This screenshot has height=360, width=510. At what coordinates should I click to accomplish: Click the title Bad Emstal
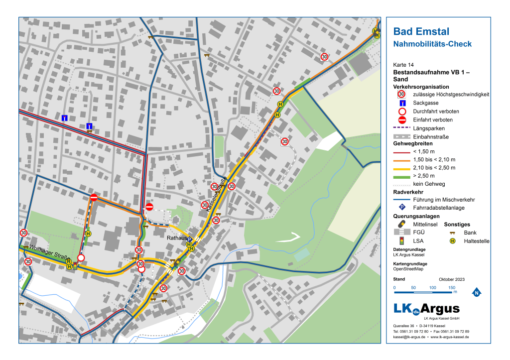pyautogui.click(x=421, y=32)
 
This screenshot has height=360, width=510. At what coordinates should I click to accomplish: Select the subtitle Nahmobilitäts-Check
pyautogui.click(x=432, y=44)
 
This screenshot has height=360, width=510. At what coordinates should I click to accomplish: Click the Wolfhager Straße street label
pyautogui.click(x=48, y=252)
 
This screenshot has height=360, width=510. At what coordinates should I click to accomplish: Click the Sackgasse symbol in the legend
pyautogui.click(x=401, y=103)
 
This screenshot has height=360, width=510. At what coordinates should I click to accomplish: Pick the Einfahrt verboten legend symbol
pyautogui.click(x=401, y=120)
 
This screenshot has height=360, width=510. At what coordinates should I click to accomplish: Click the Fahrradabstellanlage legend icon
pyautogui.click(x=401, y=208)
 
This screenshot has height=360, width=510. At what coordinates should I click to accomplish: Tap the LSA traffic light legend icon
pyautogui.click(x=401, y=241)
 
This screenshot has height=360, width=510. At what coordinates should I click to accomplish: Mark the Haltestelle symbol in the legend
pyautogui.click(x=452, y=241)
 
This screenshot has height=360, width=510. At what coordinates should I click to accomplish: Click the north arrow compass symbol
pyautogui.click(x=476, y=292)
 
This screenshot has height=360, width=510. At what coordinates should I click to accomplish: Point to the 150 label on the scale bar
pyautogui.click(x=452, y=288)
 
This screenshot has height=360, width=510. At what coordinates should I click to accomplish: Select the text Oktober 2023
pyautogui.click(x=451, y=279)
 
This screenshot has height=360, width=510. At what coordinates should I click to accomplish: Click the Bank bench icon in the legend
pyautogui.click(x=452, y=233)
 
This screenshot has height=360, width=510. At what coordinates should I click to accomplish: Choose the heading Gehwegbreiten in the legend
pyautogui.click(x=413, y=143)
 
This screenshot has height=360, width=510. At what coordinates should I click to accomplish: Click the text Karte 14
pyautogui.click(x=403, y=65)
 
